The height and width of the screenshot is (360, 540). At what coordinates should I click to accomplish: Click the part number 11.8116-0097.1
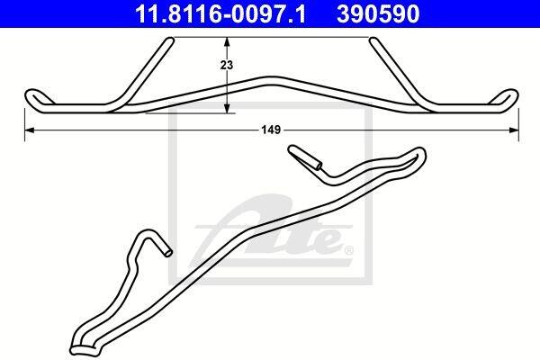point(220,13)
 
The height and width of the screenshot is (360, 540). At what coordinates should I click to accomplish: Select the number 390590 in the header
point(378,13)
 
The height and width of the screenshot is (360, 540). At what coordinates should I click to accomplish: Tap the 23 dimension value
point(227,65)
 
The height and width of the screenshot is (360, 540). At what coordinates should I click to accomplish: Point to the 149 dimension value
point(272,130)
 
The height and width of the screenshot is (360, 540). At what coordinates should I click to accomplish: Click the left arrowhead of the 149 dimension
point(30,130)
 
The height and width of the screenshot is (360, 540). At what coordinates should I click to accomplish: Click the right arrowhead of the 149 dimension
point(514,130)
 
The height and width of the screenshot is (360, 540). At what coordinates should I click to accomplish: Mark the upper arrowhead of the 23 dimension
point(227,41)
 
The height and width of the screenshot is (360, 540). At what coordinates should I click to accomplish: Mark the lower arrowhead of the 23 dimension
point(227,108)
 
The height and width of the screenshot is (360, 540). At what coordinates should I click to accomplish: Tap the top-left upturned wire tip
point(170,40)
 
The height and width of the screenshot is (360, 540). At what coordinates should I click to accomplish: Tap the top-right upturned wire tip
point(373,40)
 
